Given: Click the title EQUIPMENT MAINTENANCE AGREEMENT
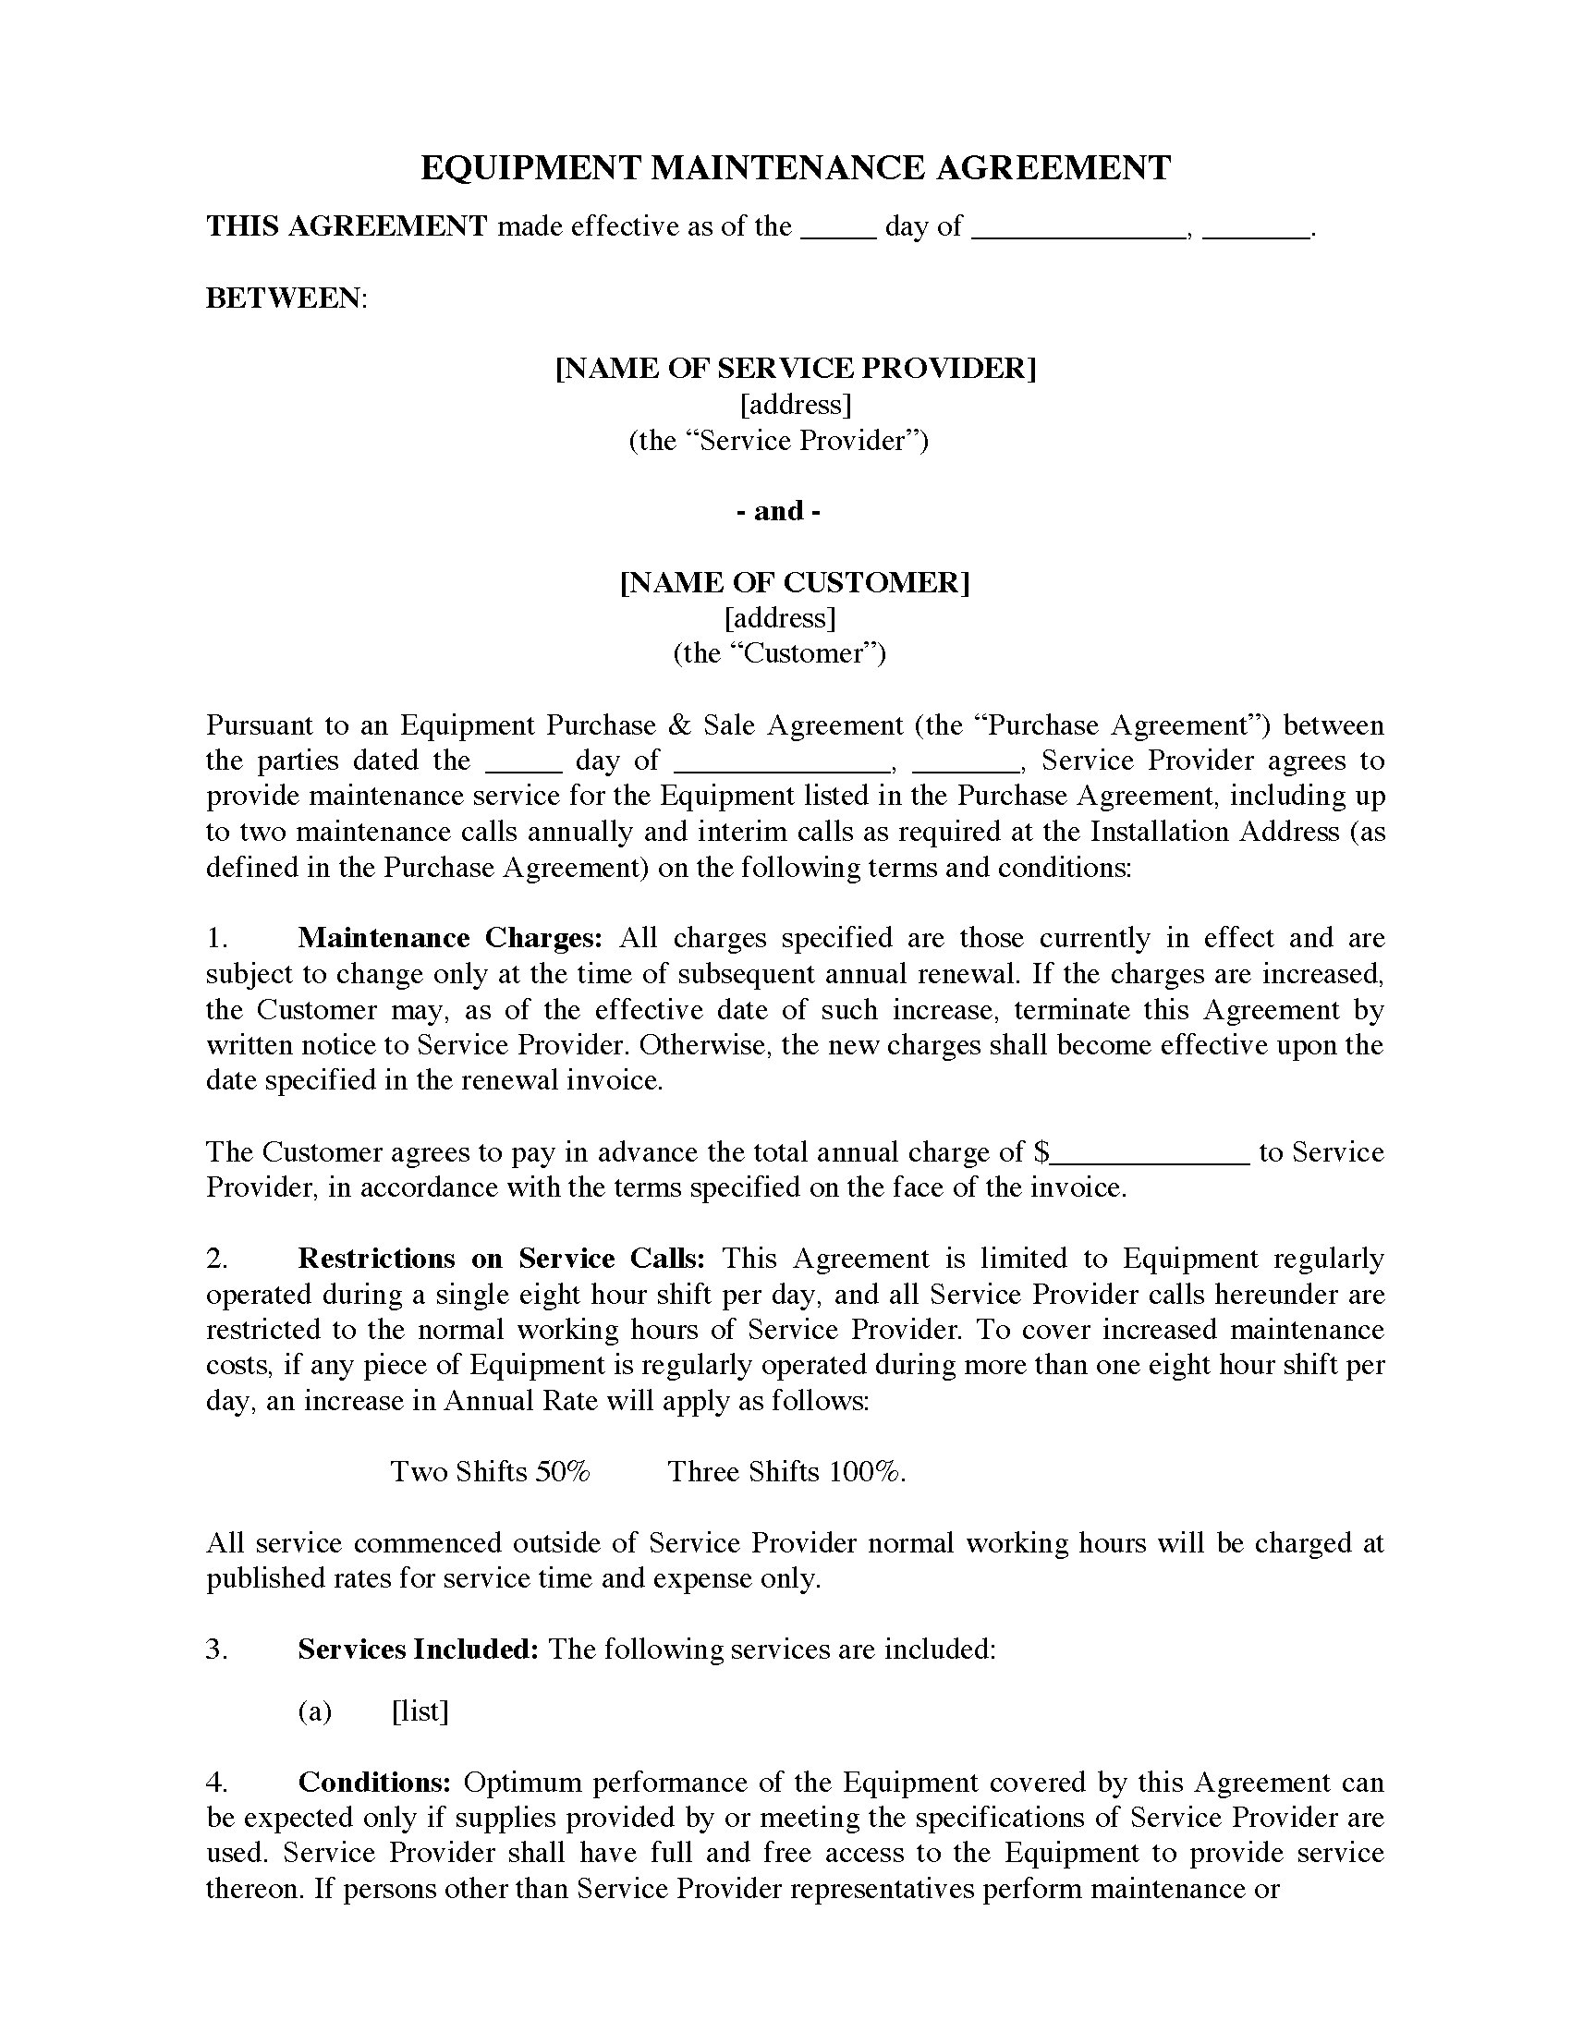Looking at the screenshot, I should (796, 167).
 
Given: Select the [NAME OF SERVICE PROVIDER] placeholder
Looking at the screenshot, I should (796, 369).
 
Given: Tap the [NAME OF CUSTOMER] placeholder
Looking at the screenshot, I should (795, 583).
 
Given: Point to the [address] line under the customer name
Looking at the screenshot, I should (780, 618).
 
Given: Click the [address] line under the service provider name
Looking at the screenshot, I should (795, 404).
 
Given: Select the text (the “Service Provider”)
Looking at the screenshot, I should (778, 440).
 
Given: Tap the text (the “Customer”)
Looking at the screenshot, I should (779, 653).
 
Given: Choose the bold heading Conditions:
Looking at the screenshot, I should (374, 1783).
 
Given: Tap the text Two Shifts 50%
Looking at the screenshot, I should (490, 1472).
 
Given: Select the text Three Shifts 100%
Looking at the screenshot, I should (786, 1472).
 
